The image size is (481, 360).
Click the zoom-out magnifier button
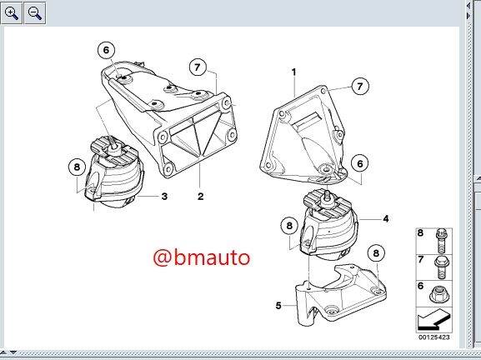(x=34, y=12)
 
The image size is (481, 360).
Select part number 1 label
(x=293, y=72)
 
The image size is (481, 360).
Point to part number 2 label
(x=200, y=197)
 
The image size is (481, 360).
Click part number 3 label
(x=164, y=197)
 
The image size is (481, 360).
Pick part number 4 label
(x=386, y=219)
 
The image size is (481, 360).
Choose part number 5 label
(x=278, y=306)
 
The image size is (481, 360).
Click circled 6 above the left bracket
(x=107, y=49)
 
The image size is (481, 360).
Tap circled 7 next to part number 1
(x=359, y=86)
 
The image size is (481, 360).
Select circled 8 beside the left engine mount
(x=76, y=167)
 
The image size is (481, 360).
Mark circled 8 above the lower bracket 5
(x=377, y=252)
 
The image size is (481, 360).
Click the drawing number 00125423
(x=434, y=337)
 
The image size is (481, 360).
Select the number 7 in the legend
(x=420, y=262)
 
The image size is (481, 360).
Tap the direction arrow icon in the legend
(x=434, y=318)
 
